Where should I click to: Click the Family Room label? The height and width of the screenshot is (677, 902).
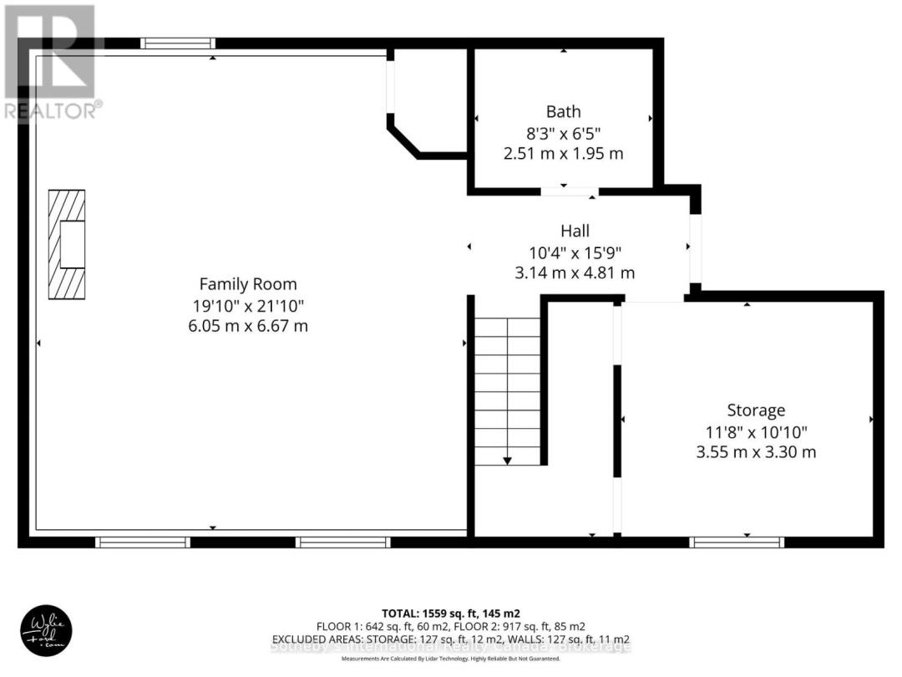pos(247,284)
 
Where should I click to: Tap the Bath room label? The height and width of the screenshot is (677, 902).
pos(563,111)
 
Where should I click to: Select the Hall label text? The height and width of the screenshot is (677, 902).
pos(575,231)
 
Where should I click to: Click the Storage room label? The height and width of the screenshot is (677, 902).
pos(756,410)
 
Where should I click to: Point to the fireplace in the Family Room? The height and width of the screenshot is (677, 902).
pos(67,245)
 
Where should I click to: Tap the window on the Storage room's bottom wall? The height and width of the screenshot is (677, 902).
pos(737,542)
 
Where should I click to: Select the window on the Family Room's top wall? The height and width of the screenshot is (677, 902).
pos(177,43)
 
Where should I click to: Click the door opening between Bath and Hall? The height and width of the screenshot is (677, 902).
pos(570,191)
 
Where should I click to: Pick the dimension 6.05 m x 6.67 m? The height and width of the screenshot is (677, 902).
pos(247,326)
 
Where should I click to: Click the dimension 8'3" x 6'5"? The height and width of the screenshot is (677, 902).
pos(563,133)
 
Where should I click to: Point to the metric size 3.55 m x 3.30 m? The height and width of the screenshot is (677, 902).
pos(756,452)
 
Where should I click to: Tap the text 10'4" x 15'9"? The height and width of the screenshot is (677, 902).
pos(575,252)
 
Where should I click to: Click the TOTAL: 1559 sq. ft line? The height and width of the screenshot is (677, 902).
pos(451,613)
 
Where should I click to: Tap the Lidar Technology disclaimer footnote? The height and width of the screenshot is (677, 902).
pos(451,659)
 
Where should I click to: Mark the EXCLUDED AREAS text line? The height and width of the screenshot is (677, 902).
pos(451,639)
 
